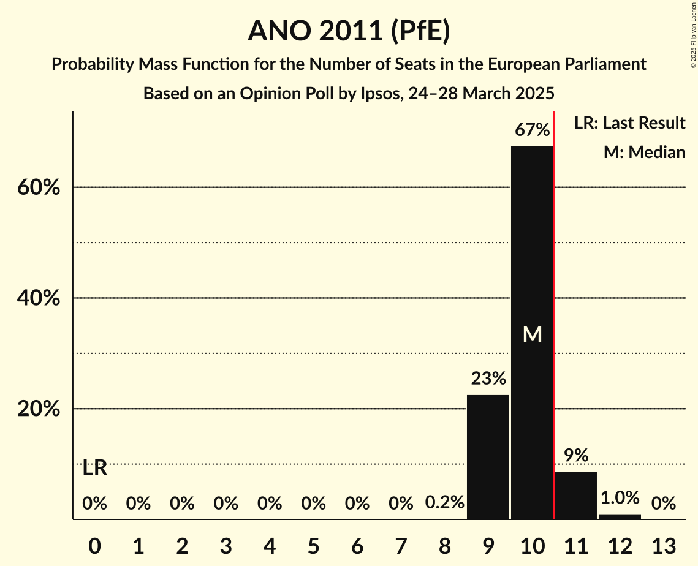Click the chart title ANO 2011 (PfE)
click(349, 31)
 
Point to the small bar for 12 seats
click(620, 516)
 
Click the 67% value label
click(532, 130)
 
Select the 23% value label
click(488, 379)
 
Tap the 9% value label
click(576, 455)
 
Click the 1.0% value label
click(620, 497)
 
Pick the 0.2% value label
click(444, 503)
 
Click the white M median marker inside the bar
click(532, 334)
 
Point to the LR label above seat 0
click(95, 469)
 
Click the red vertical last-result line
click(554, 306)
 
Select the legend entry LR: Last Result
click(629, 123)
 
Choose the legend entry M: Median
click(644, 152)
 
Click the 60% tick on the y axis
click(39, 187)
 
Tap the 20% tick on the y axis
click(39, 409)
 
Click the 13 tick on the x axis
click(663, 545)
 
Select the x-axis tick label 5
click(313, 545)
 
